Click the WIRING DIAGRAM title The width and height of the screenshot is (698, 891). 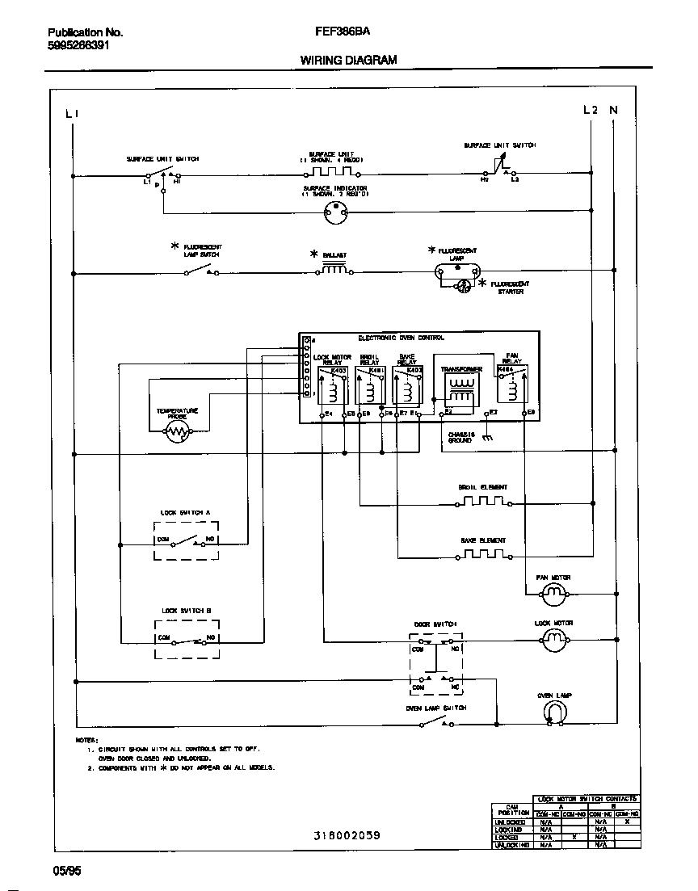pyautogui.click(x=348, y=60)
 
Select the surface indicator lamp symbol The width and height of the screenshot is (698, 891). pyautogui.click(x=334, y=212)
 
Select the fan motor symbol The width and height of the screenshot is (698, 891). pyautogui.click(x=553, y=595)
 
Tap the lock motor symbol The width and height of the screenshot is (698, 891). pyautogui.click(x=553, y=641)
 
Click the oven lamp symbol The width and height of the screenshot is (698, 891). pyautogui.click(x=553, y=711)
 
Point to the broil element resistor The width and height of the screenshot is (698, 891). pyautogui.click(x=482, y=502)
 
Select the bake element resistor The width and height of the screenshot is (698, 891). pyautogui.click(x=482, y=556)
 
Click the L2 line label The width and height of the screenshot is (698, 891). pyautogui.click(x=591, y=110)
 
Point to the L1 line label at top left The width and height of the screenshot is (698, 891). pyautogui.click(x=72, y=114)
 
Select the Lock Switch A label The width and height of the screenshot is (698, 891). pyautogui.click(x=185, y=512)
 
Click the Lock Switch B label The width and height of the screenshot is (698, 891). pyautogui.click(x=185, y=611)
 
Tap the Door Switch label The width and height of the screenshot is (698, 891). pyautogui.click(x=435, y=624)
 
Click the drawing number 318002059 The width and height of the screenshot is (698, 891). pyautogui.click(x=347, y=835)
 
